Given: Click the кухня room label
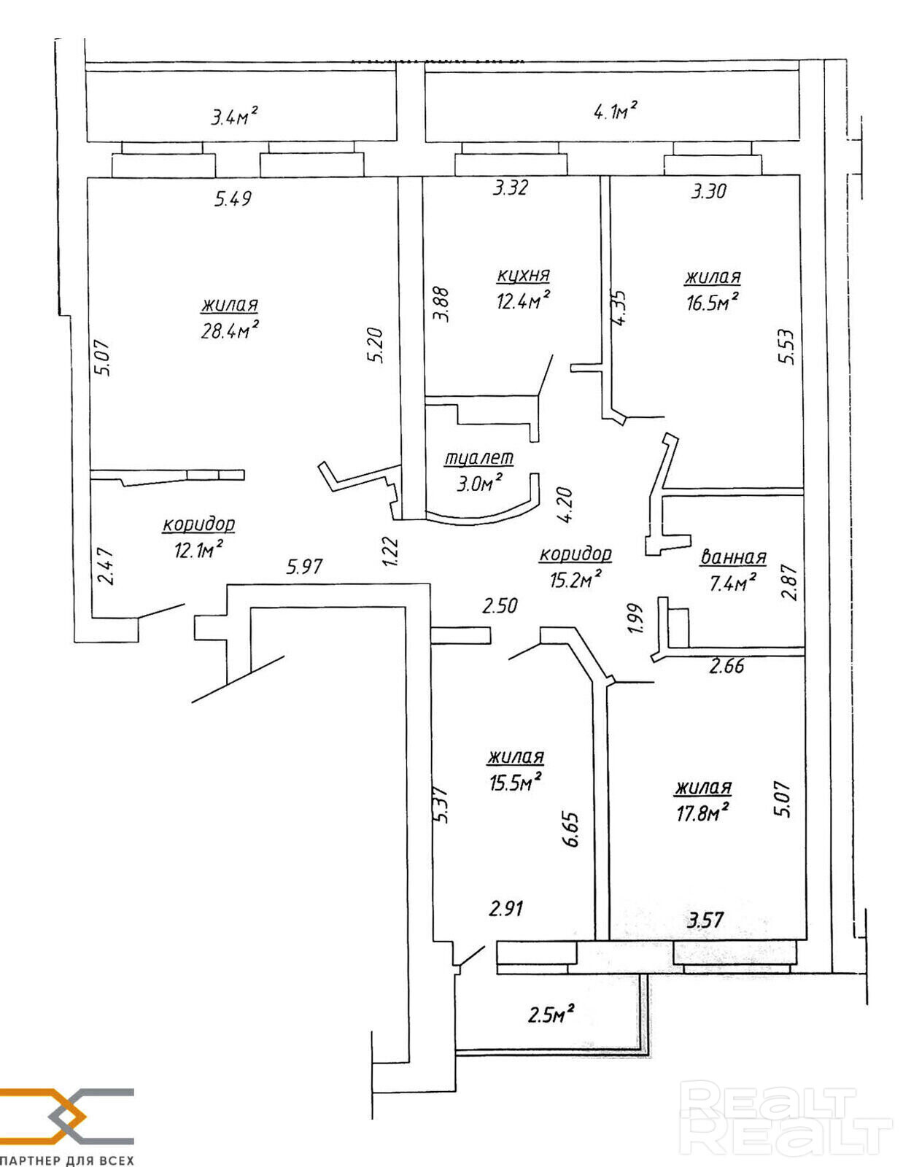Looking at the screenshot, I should coord(523,275).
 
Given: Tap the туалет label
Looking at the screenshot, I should coord(478,458).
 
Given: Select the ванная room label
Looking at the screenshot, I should coord(733,557).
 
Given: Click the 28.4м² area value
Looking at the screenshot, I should coord(230,330).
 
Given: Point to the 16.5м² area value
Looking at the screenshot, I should coord(712,302).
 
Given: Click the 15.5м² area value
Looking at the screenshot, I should coord(515,783).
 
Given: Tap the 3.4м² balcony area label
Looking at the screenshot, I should coord(235,116).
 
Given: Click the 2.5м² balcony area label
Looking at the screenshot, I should coord(551,1014).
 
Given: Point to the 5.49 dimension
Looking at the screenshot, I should coord(233,198).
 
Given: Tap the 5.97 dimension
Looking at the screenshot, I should coord(304,566).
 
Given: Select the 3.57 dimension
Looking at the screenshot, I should coord(705,920).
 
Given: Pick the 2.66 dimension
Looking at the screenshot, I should coord(726,665).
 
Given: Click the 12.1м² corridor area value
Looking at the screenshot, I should coord(198,549).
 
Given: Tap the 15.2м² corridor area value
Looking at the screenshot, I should coord(575,579).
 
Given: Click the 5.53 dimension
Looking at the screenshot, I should coord(786,346).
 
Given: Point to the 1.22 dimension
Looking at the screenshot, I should coord(391,551).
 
